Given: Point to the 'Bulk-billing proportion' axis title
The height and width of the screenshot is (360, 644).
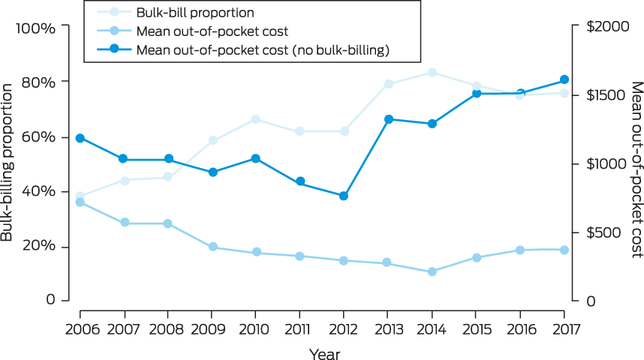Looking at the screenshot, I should (9, 163).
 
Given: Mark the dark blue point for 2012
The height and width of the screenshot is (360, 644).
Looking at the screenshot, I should (344, 196).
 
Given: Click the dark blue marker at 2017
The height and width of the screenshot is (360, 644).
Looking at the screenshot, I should (564, 80).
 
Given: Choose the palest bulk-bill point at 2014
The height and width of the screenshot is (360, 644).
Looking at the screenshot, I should (432, 73).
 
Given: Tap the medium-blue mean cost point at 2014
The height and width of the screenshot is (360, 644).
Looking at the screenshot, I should (432, 271).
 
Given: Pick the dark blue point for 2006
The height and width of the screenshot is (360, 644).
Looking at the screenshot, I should (80, 138).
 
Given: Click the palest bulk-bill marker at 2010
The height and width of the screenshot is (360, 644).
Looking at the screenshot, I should (256, 119).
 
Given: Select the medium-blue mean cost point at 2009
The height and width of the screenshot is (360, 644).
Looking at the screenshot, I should (212, 247).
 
